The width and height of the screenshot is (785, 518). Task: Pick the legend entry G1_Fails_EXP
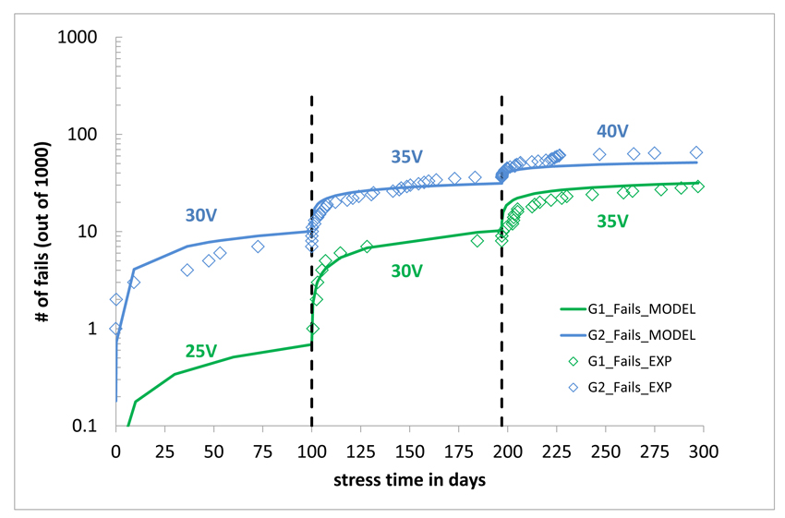pos(624,361)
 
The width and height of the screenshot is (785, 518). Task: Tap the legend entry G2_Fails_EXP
pos(624,387)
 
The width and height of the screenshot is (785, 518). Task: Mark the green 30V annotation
pos(406,270)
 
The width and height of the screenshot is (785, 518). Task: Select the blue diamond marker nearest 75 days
pos(259,247)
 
